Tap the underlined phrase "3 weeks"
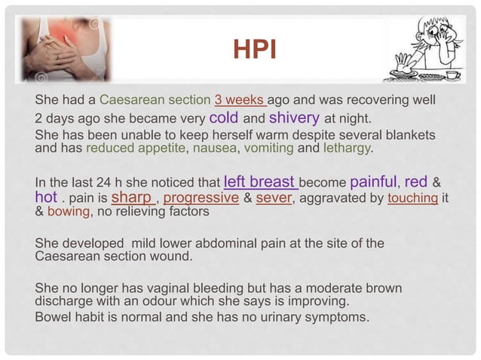point(240,100)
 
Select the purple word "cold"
point(224,117)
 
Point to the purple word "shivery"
point(294,117)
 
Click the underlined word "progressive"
point(201,199)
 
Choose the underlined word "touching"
point(413,199)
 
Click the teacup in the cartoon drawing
point(453,75)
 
